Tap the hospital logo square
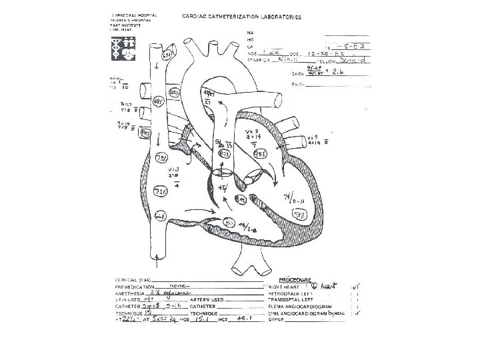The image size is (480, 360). [124, 51]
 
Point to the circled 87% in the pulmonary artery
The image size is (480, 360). [226, 154]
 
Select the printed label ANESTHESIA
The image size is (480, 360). [127, 291]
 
